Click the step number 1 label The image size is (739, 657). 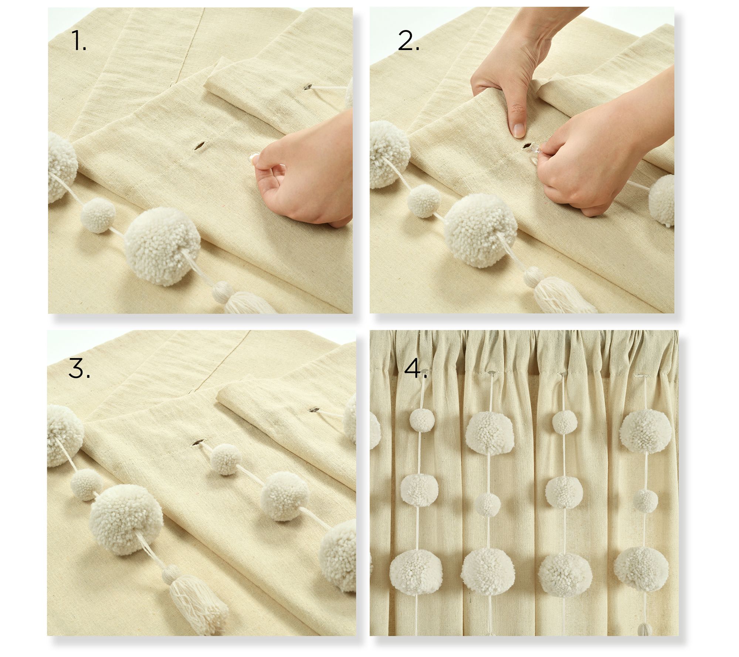pyautogui.click(x=79, y=41)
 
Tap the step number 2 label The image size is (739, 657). pyautogui.click(x=408, y=41)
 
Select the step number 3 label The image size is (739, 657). pyautogui.click(x=79, y=368)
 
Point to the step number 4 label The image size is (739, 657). pyautogui.click(x=416, y=369)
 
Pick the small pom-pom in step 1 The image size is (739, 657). pyautogui.click(x=98, y=215)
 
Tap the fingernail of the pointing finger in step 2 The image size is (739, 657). pyautogui.click(x=519, y=130)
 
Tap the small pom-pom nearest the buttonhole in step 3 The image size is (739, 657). pyautogui.click(x=226, y=459)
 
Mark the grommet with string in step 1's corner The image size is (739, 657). pyautogui.click(x=307, y=88)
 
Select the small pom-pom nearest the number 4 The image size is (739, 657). pyautogui.click(x=422, y=420)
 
